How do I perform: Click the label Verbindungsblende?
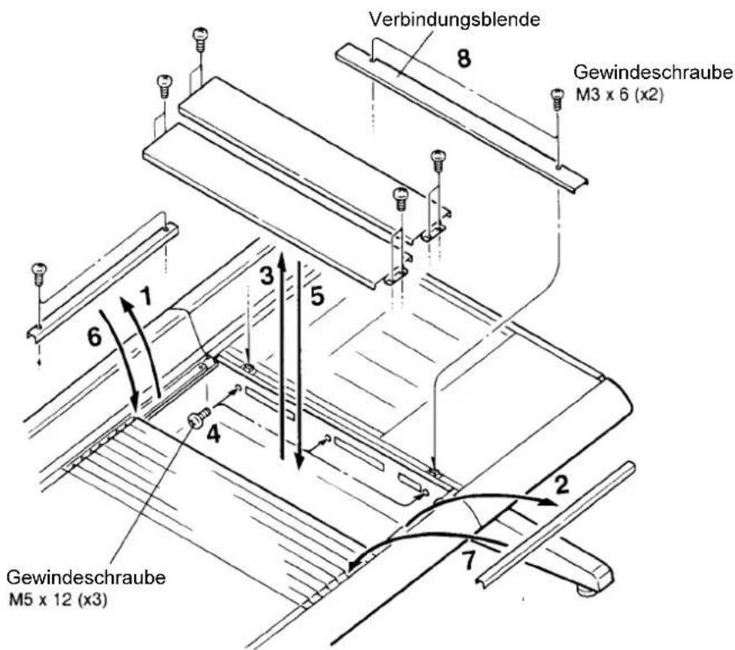pyautogui.click(x=455, y=19)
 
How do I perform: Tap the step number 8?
pyautogui.click(x=464, y=59)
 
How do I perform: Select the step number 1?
pyautogui.click(x=146, y=296)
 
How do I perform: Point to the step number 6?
pyautogui.click(x=94, y=336)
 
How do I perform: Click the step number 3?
pyautogui.click(x=267, y=275)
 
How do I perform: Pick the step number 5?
pyautogui.click(x=317, y=296)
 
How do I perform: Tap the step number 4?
pyautogui.click(x=213, y=435)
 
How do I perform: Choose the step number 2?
pyautogui.click(x=562, y=484)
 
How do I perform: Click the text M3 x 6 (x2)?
pyautogui.click(x=619, y=95)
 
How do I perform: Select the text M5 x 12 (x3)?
pyautogui.click(x=57, y=600)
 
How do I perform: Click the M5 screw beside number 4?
pyautogui.click(x=199, y=417)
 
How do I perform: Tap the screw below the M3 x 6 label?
pyautogui.click(x=557, y=99)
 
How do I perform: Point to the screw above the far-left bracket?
pyautogui.click(x=39, y=274)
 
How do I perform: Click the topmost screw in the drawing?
pyautogui.click(x=200, y=40)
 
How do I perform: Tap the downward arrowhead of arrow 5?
pyautogui.click(x=299, y=462)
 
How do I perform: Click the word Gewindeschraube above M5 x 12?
pyautogui.click(x=86, y=578)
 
